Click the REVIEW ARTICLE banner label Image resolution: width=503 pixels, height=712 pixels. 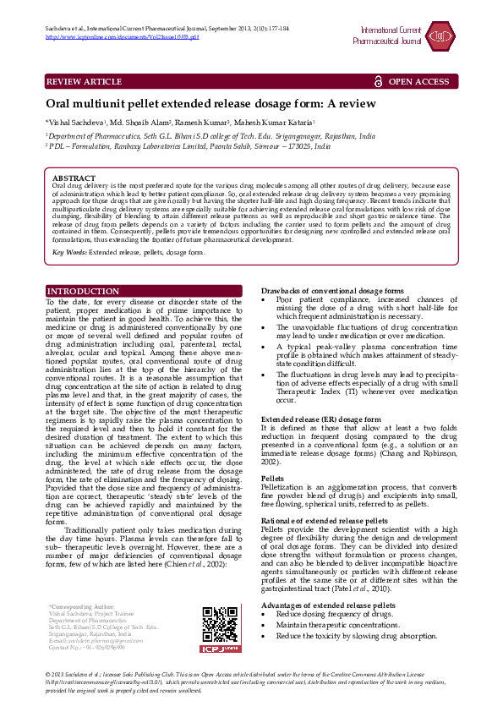click(x=84, y=81)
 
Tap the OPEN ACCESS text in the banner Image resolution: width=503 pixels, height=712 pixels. click(x=418, y=81)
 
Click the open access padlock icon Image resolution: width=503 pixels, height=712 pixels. click(x=378, y=81)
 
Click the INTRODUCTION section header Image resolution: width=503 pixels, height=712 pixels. click(x=83, y=292)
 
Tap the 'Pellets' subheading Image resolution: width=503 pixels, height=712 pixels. click(x=273, y=478)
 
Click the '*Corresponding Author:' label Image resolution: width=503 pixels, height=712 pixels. click(x=81, y=607)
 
